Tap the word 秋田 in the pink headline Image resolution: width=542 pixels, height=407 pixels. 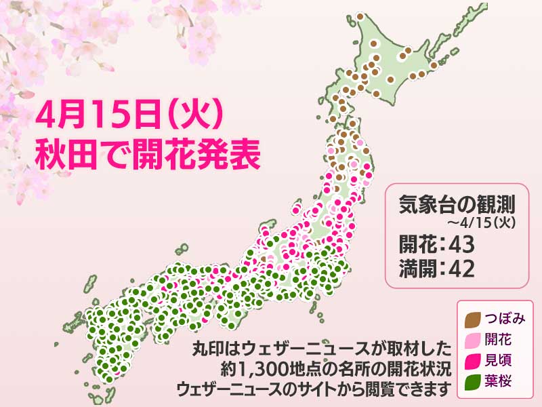coord(66,155)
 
